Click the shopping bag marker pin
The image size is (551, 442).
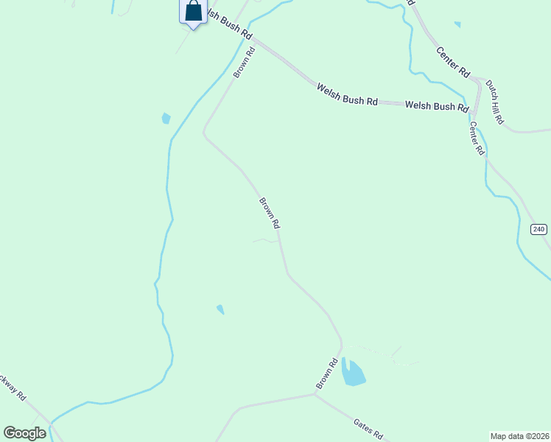[x=193, y=13]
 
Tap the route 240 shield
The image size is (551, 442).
[x=539, y=229]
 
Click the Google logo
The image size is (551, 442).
[x=24, y=433]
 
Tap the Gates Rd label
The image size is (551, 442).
[x=368, y=427]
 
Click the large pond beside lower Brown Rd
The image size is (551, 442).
[x=353, y=373]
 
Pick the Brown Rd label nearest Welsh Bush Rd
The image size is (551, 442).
[x=244, y=63]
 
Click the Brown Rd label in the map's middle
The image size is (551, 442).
[x=270, y=212]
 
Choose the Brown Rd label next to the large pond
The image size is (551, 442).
[x=327, y=373]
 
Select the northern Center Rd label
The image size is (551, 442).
[x=453, y=62]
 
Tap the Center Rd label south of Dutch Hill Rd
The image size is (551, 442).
[x=477, y=138]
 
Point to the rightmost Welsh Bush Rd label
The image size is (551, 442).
[x=437, y=106]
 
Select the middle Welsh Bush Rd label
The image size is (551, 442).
[x=347, y=94]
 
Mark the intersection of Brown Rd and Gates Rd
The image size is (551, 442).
[x=315, y=393]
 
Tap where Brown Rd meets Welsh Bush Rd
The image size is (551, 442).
[x=254, y=41]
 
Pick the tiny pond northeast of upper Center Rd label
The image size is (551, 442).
[x=457, y=24]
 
